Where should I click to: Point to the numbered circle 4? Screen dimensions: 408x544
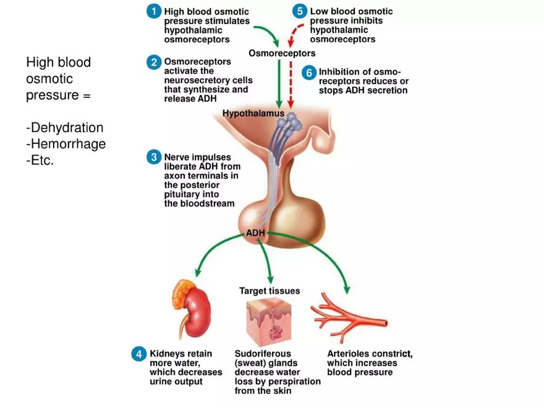[x=139, y=354]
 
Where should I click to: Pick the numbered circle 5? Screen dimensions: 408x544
[x=300, y=12]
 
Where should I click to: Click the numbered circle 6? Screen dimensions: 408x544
[x=309, y=72]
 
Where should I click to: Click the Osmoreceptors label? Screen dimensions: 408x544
[x=282, y=53]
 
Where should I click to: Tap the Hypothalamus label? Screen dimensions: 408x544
[x=253, y=113]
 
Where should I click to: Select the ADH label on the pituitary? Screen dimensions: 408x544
[x=255, y=233]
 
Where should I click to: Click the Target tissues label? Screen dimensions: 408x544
[x=270, y=291]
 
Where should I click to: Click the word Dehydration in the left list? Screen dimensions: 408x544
[x=67, y=128]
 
